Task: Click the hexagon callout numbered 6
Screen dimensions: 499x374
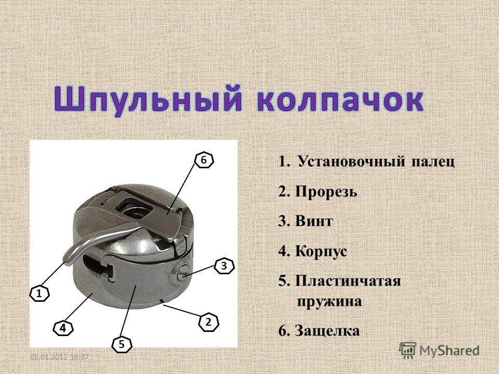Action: tap(204, 161)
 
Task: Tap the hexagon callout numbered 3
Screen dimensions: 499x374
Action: tap(224, 265)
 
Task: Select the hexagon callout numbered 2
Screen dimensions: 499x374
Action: tap(208, 323)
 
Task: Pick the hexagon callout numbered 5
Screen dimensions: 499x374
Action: tap(122, 344)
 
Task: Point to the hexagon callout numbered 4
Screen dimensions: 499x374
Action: tap(63, 328)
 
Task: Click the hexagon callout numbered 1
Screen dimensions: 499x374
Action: tap(40, 294)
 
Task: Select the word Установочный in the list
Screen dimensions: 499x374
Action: tap(352, 162)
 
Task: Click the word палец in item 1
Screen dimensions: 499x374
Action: tap(433, 163)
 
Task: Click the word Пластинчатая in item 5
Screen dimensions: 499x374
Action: tap(348, 281)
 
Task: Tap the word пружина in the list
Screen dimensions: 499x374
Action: tap(330, 301)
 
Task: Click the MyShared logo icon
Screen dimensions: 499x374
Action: tap(408, 350)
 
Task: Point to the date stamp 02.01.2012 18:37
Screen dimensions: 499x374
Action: tap(59, 357)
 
